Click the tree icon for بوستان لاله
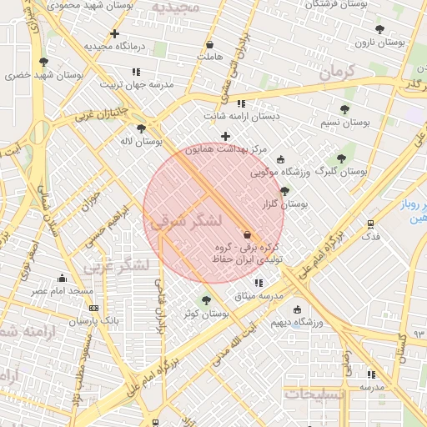[141, 128]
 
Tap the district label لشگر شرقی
[185, 221]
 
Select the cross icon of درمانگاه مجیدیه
[114, 34]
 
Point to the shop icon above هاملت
[209, 44]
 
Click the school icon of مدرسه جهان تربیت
[136, 72]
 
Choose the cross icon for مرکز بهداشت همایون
[225, 136]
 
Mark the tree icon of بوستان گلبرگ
[340, 158]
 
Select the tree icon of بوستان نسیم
[344, 109]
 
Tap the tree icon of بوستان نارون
[379, 29]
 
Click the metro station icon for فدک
[371, 224]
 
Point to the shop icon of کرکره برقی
[247, 234]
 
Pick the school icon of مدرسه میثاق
[258, 283]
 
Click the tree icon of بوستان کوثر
[206, 300]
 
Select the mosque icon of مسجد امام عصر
[62, 279]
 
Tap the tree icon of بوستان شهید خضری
[43, 62]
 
